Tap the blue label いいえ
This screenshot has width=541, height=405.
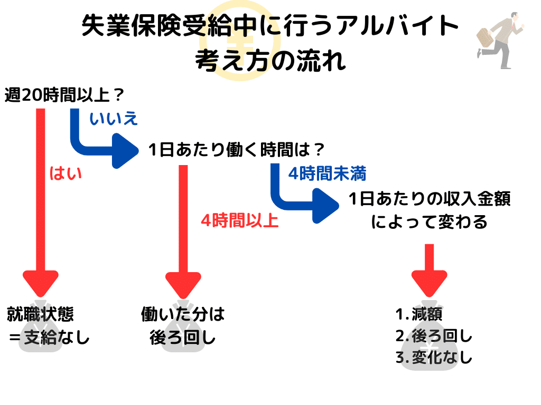[x=114, y=119]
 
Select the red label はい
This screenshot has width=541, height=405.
[x=66, y=173]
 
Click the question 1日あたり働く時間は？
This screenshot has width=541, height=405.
[x=236, y=150]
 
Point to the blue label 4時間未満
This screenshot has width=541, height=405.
[x=327, y=173]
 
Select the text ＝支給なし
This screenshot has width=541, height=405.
[x=49, y=337]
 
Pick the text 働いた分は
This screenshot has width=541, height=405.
[x=183, y=315]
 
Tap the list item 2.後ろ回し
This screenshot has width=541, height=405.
[x=433, y=336]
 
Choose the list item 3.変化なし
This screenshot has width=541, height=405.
[x=433, y=358]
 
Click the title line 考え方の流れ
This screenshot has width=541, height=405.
[x=270, y=60]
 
